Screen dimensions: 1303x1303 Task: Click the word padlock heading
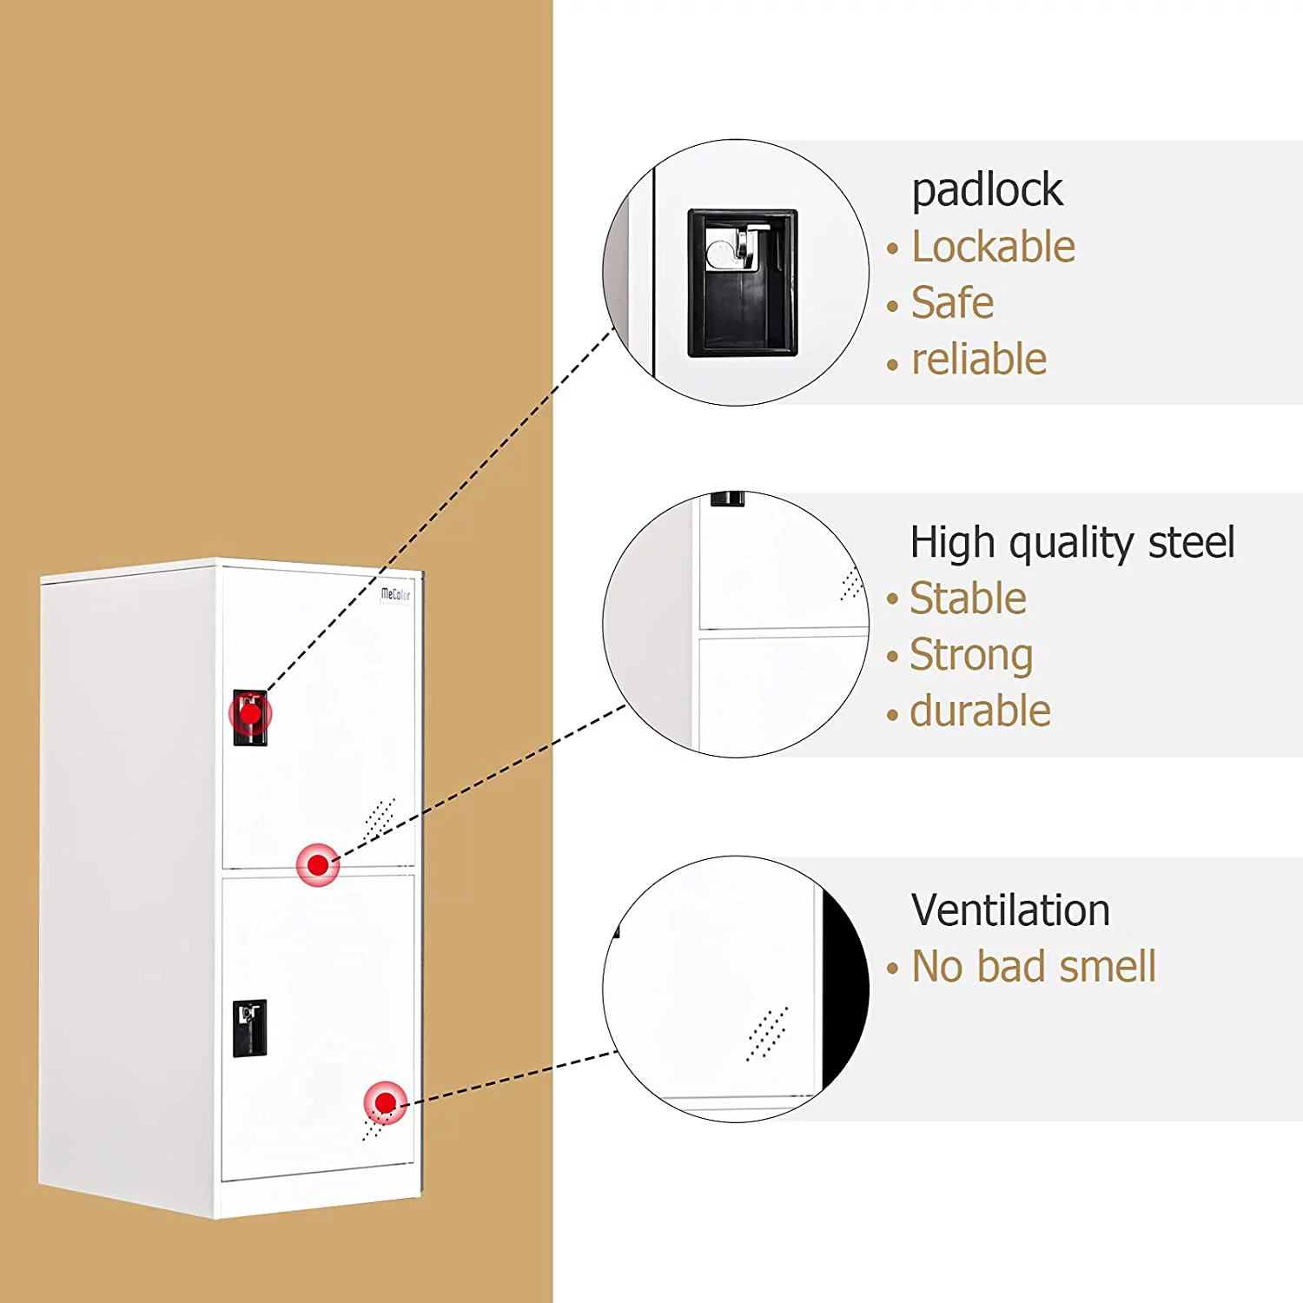tap(987, 191)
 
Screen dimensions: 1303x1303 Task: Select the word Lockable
tap(993, 247)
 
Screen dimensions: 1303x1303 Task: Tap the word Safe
tap(952, 303)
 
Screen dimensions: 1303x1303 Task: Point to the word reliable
tap(979, 359)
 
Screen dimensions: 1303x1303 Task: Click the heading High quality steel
tap(1072, 544)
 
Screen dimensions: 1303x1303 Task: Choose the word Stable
tap(968, 599)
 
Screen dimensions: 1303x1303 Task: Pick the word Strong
tap(971, 656)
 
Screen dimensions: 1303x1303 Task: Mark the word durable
tap(980, 711)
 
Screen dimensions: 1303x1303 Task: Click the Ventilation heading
tap(1010, 910)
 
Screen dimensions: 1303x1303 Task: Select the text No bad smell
tap(1034, 966)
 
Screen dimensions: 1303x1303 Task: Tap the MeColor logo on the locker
tap(395, 595)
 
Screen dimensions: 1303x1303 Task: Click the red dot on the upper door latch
tap(250, 714)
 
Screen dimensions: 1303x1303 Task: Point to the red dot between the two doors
tap(318, 865)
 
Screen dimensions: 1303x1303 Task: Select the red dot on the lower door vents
tap(385, 1103)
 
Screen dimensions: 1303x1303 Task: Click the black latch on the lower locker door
tap(249, 1029)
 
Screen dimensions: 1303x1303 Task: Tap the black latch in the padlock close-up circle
tap(743, 283)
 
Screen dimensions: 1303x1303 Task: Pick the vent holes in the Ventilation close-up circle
tap(767, 1034)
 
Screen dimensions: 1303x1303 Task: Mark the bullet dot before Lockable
tap(892, 249)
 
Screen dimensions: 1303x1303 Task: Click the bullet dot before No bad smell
tap(892, 969)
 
